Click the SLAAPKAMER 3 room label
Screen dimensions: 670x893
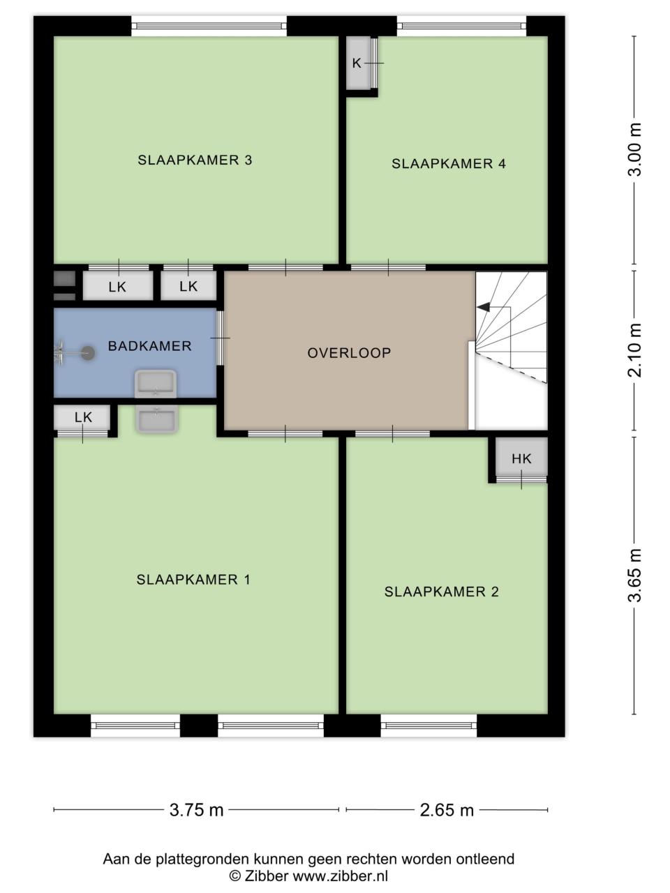(195, 160)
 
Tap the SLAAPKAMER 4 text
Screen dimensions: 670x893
(449, 163)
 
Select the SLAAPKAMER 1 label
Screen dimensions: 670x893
(193, 579)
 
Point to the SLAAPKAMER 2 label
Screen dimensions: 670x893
(441, 592)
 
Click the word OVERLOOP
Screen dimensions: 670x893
(349, 353)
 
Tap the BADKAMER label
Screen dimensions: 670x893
(149, 346)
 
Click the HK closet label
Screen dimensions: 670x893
(521, 459)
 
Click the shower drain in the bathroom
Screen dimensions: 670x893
(87, 353)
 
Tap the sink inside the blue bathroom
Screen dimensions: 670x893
(156, 384)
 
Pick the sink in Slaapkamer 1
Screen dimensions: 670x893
(156, 419)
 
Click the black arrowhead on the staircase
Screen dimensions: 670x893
(484, 307)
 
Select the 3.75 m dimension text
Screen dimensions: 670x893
(197, 809)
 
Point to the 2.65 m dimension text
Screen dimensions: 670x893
(447, 809)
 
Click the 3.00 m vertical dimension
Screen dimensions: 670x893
(634, 149)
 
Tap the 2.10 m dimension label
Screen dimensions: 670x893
(634, 350)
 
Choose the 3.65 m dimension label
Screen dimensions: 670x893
(634, 575)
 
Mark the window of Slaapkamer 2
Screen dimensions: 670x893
(429, 726)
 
